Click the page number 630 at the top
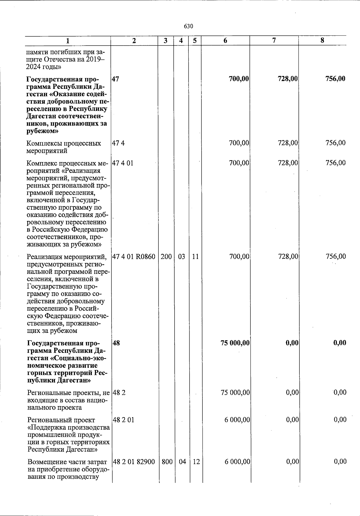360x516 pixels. coord(188,26)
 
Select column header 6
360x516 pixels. coord(225,41)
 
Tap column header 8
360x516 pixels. coord(322,41)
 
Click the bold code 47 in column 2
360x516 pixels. coord(115,79)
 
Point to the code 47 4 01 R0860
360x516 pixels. coord(134,257)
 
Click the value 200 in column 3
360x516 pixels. coord(166,257)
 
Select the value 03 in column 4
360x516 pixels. coord(181,257)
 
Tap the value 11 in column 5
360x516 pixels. coord(195,257)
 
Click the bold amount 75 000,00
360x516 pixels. coord(235,343)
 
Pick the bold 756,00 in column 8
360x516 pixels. coord(335,79)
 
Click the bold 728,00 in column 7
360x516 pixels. coord(287,79)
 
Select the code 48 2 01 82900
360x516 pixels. coord(134,462)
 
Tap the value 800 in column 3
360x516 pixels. coord(167,462)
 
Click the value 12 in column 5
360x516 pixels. coord(196,462)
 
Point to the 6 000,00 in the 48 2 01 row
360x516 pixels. coord(237,420)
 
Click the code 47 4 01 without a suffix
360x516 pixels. coord(122,163)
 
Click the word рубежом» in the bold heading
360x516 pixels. coord(42,131)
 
